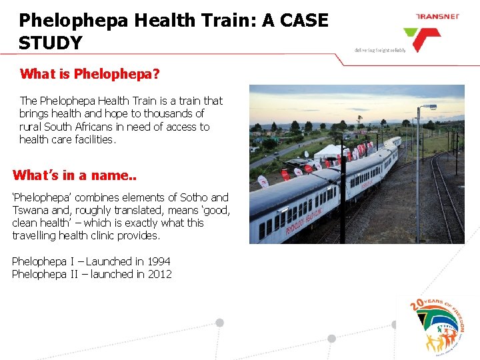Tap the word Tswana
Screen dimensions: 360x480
30,210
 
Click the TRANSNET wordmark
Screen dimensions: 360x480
437,16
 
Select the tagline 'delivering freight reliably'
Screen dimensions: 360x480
379,50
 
